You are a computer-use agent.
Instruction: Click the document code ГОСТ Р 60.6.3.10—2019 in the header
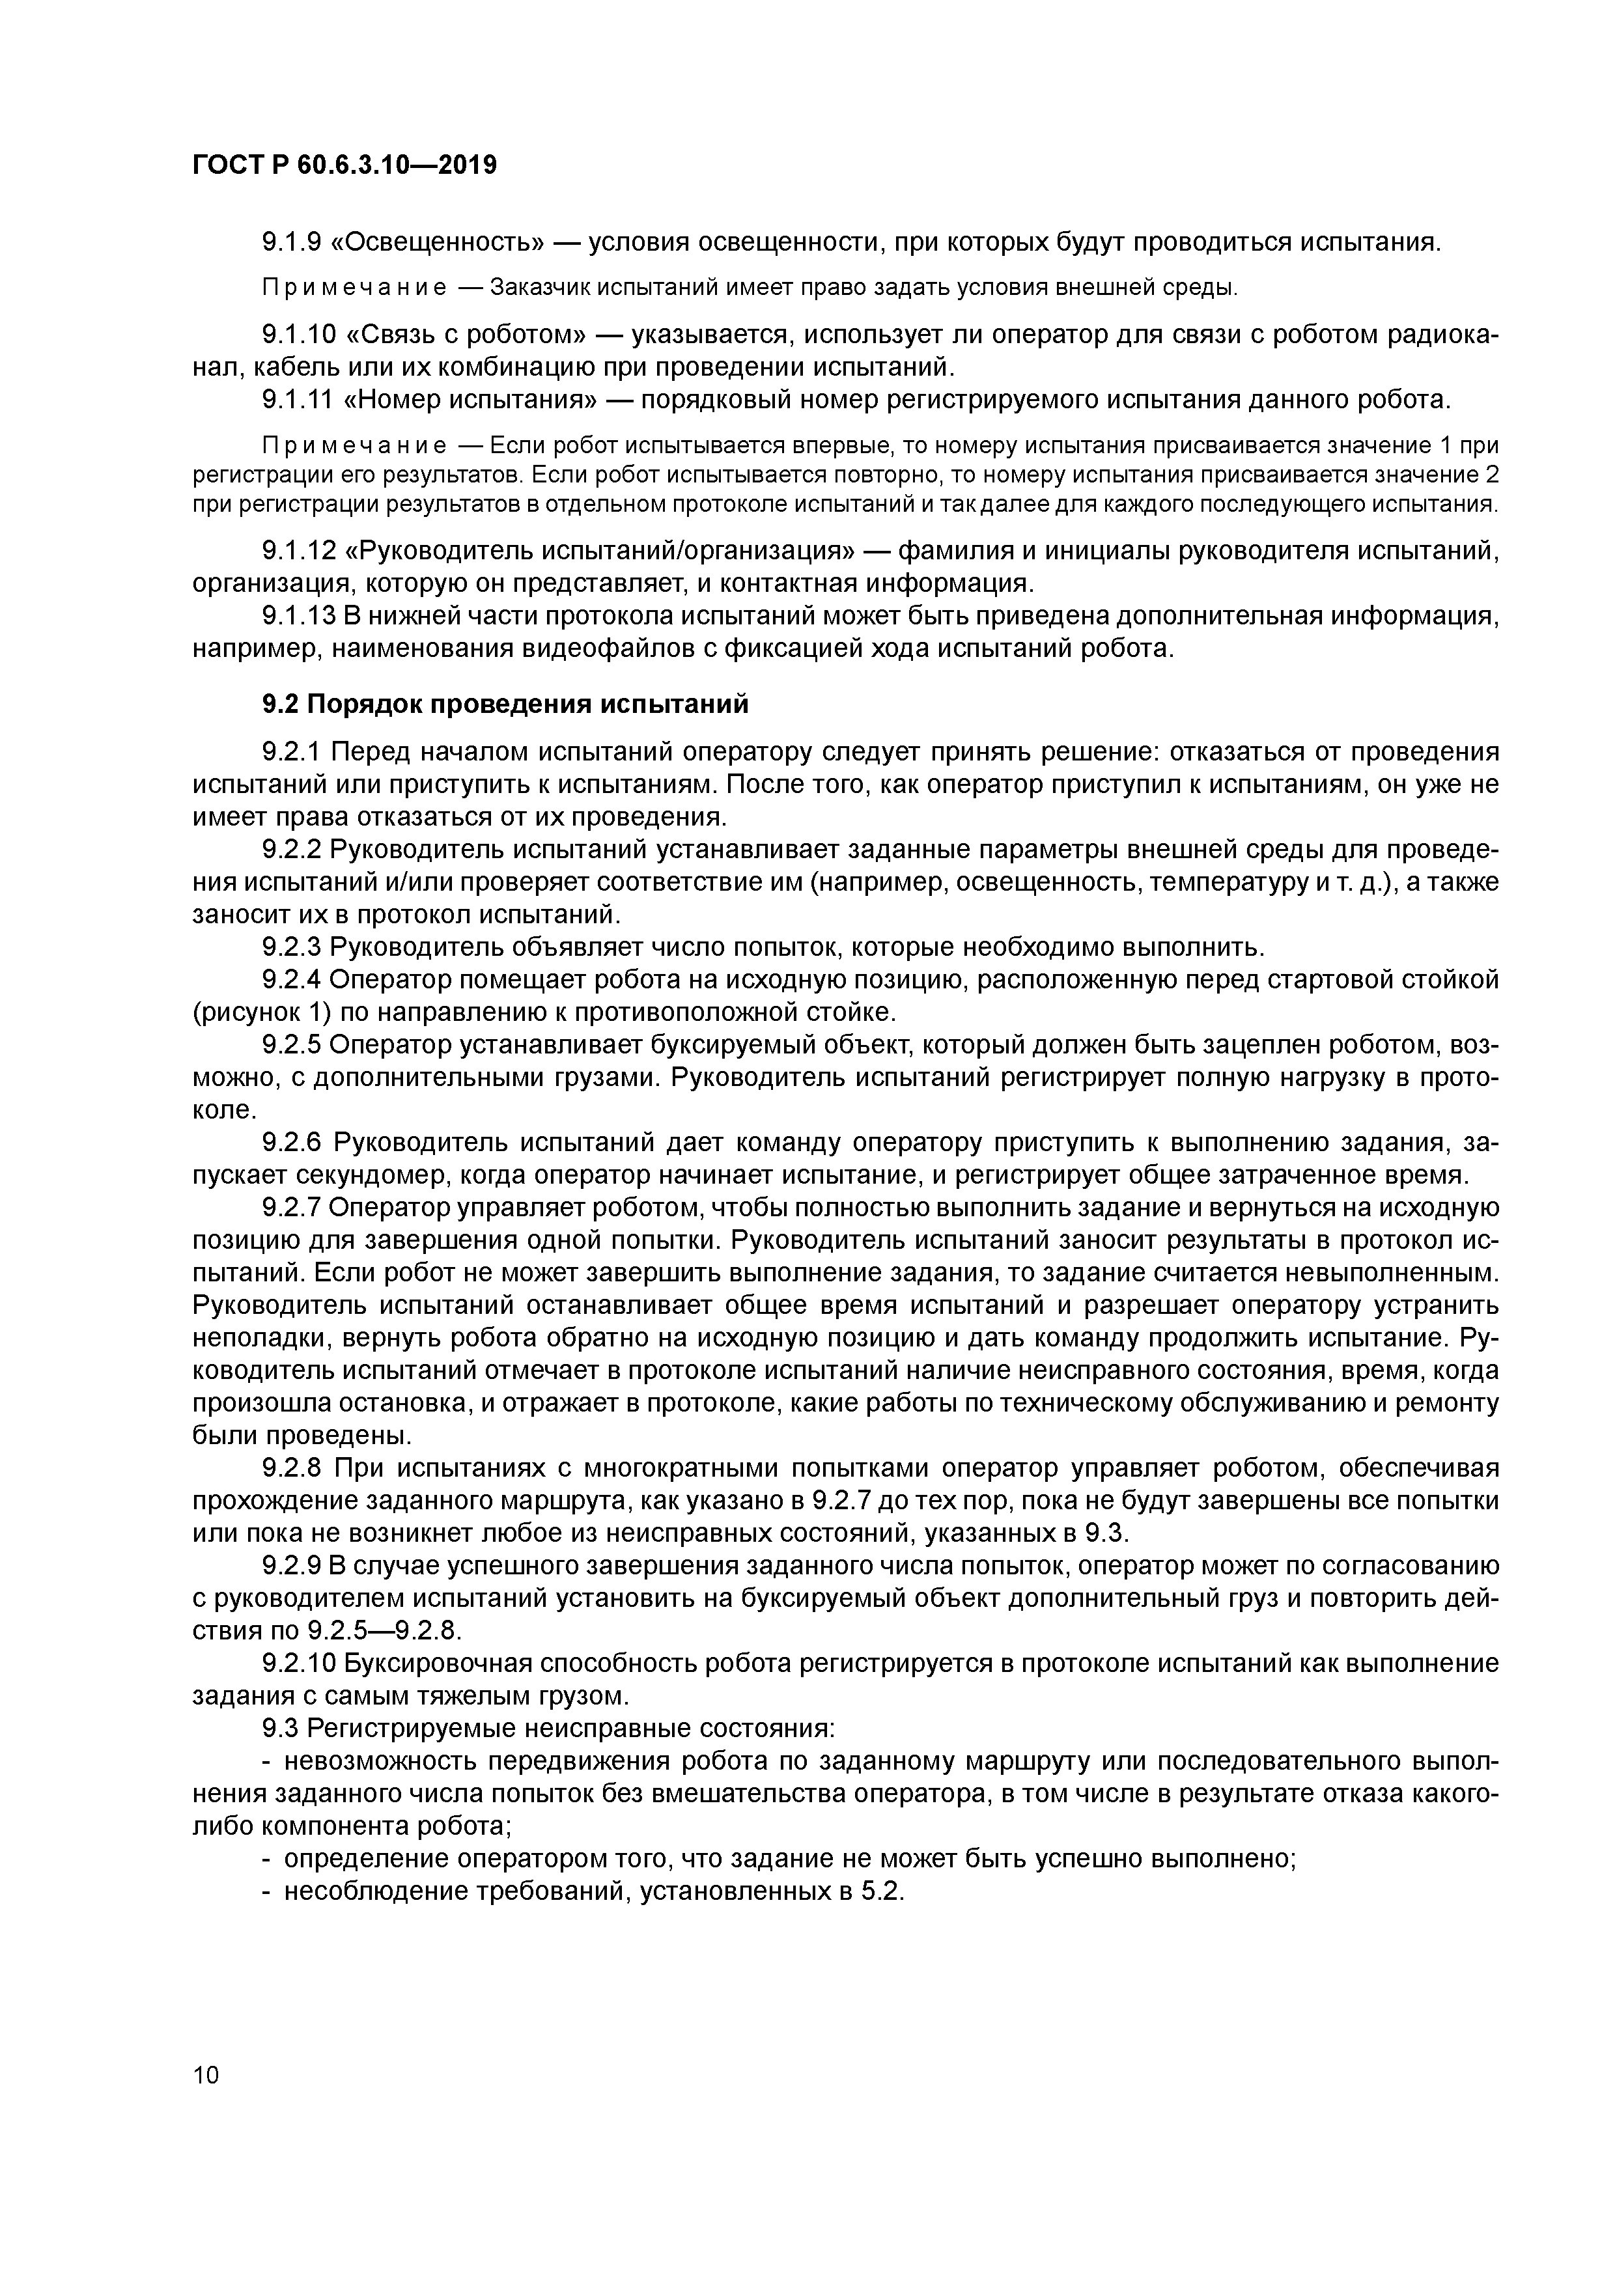point(344,166)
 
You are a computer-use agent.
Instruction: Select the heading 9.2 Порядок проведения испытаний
point(505,705)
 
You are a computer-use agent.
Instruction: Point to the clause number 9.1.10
point(296,335)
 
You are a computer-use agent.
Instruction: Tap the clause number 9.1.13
point(296,617)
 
